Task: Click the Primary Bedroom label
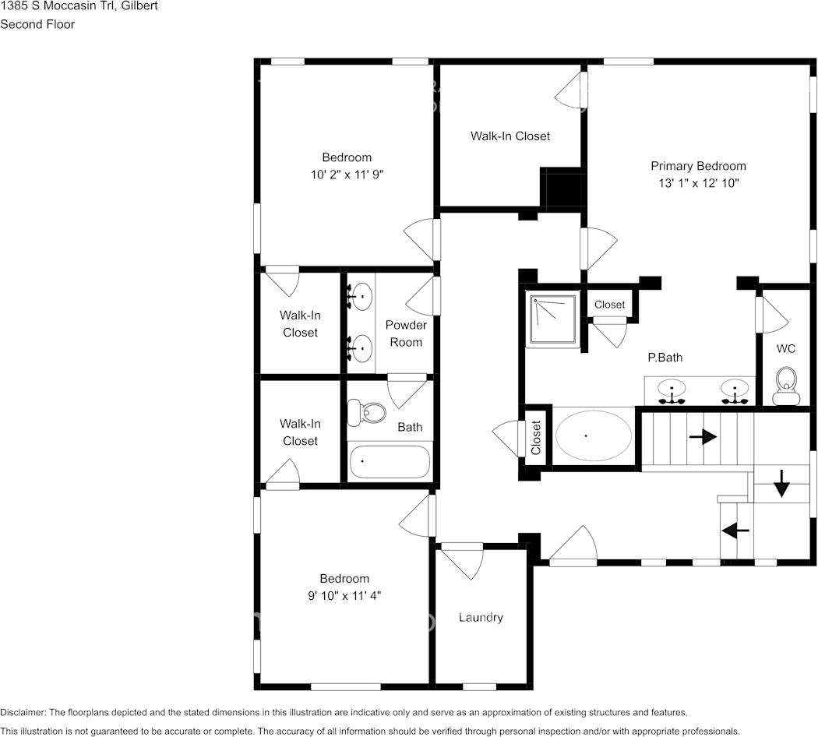click(698, 166)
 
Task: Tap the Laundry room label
click(481, 618)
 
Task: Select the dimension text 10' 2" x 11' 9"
click(347, 175)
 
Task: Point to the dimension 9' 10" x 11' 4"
click(344, 596)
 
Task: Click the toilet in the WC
click(786, 386)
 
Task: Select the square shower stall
click(552, 319)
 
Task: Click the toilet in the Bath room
click(366, 411)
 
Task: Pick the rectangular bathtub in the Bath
click(390, 462)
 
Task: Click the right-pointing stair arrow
click(703, 436)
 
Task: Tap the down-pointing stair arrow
click(781, 484)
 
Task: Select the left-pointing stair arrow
click(735, 531)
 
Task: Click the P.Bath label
click(665, 358)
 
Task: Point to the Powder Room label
click(406, 333)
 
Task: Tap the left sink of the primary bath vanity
click(672, 390)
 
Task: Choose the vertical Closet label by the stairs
click(536, 438)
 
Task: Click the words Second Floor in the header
click(37, 24)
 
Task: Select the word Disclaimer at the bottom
click(23, 713)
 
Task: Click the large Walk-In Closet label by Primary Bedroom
click(510, 136)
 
